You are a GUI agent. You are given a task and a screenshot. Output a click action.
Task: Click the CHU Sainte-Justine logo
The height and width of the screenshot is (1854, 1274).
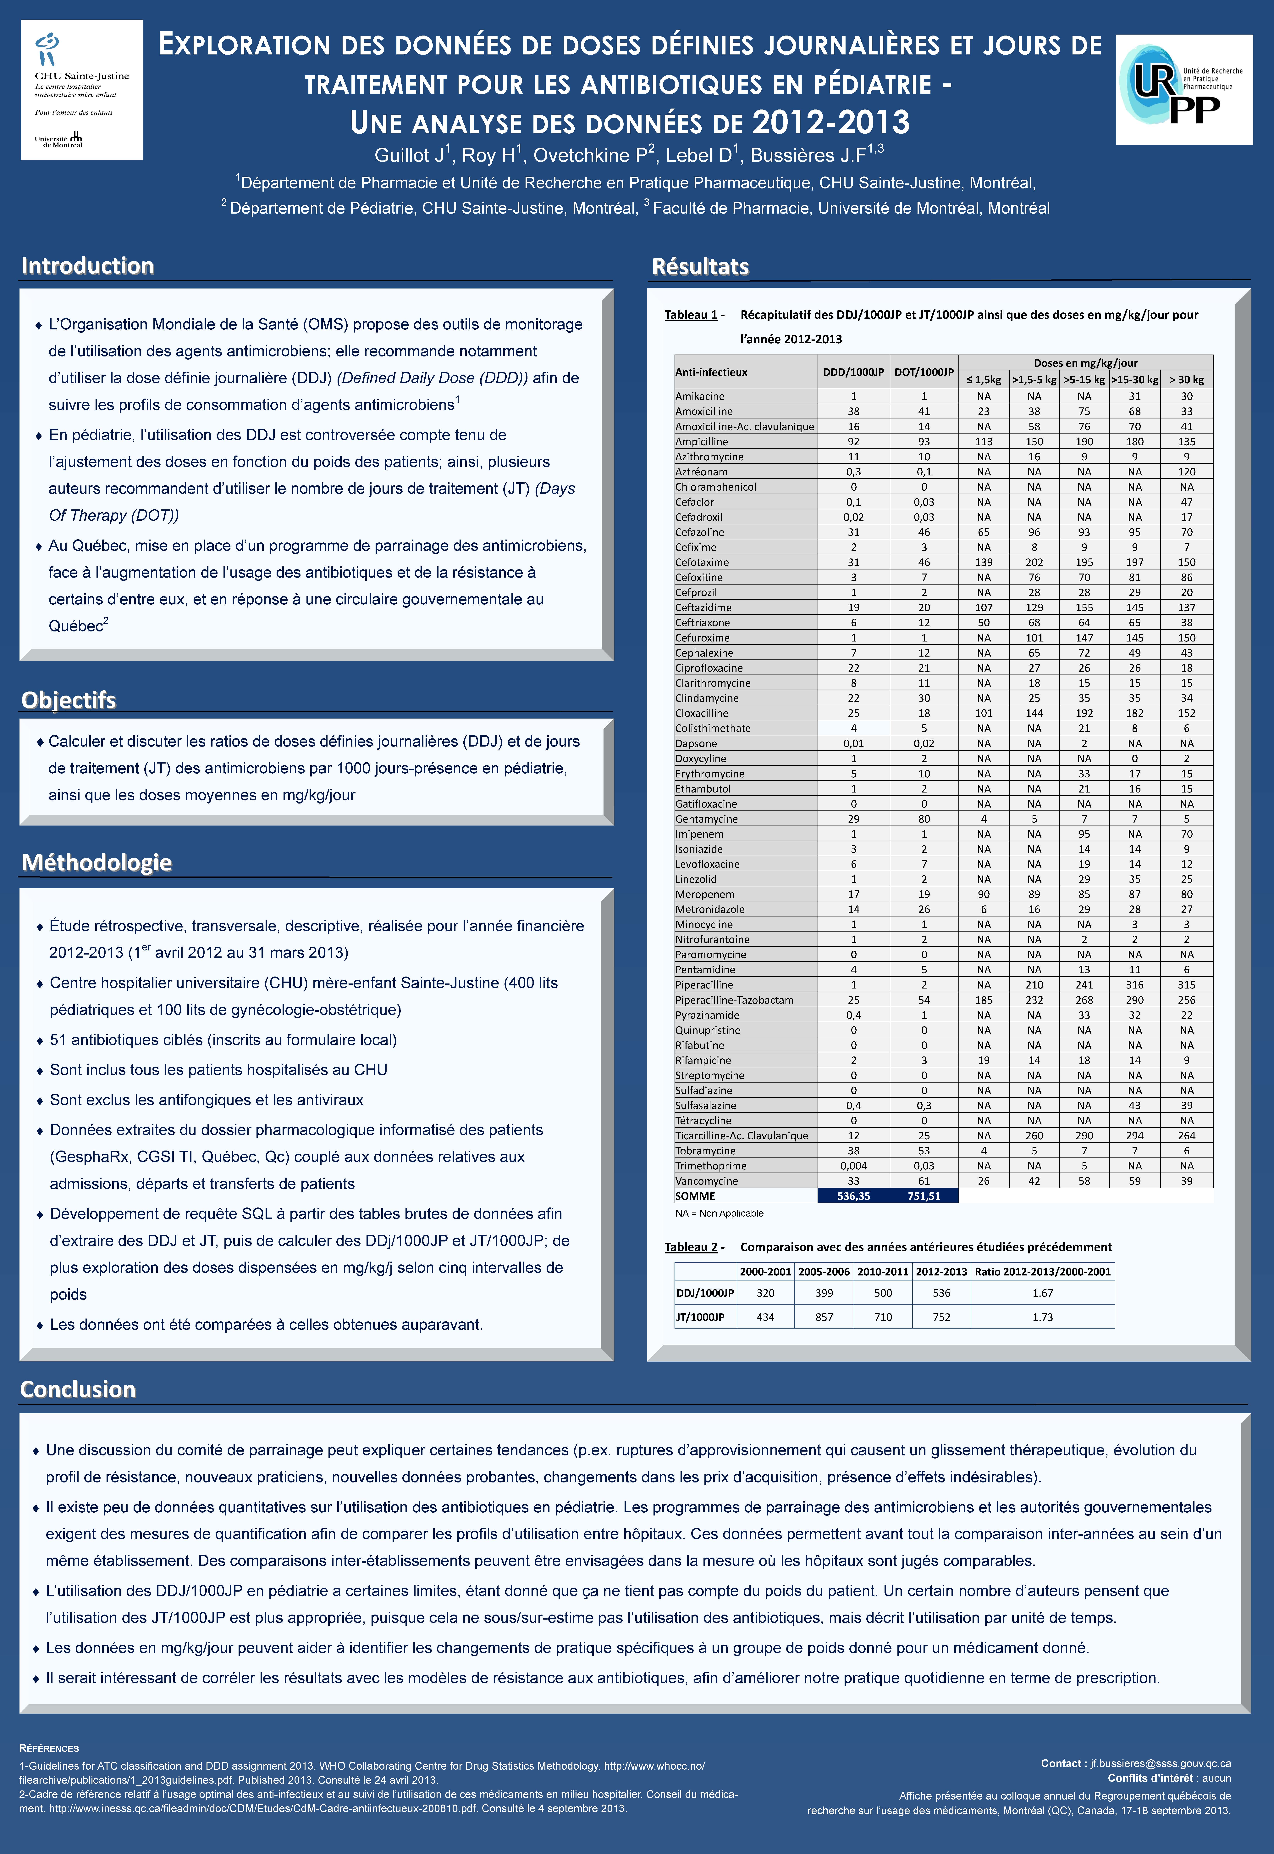tap(81, 89)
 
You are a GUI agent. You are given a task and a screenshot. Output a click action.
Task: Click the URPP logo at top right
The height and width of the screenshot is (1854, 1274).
tap(1184, 89)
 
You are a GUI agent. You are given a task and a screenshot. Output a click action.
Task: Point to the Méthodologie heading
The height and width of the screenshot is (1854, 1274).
tap(97, 862)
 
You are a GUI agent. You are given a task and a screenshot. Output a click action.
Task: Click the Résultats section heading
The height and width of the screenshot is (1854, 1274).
tap(700, 267)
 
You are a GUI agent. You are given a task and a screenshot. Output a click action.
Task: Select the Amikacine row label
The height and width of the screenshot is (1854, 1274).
tap(700, 396)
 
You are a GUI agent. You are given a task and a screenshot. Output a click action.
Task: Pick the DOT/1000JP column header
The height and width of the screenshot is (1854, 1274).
tap(924, 372)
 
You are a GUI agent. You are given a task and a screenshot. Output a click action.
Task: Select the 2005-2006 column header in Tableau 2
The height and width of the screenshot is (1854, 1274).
tap(824, 1271)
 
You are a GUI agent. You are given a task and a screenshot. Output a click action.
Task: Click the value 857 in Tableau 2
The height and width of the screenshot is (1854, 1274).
tap(824, 1317)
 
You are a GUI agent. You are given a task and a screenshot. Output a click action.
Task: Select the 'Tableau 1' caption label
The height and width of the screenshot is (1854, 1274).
tap(691, 315)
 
